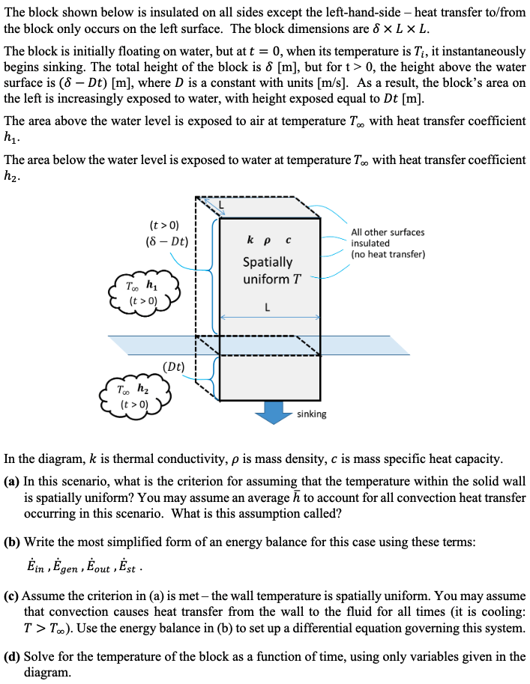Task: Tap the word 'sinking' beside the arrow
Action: point(311,414)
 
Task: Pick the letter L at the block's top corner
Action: point(221,204)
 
